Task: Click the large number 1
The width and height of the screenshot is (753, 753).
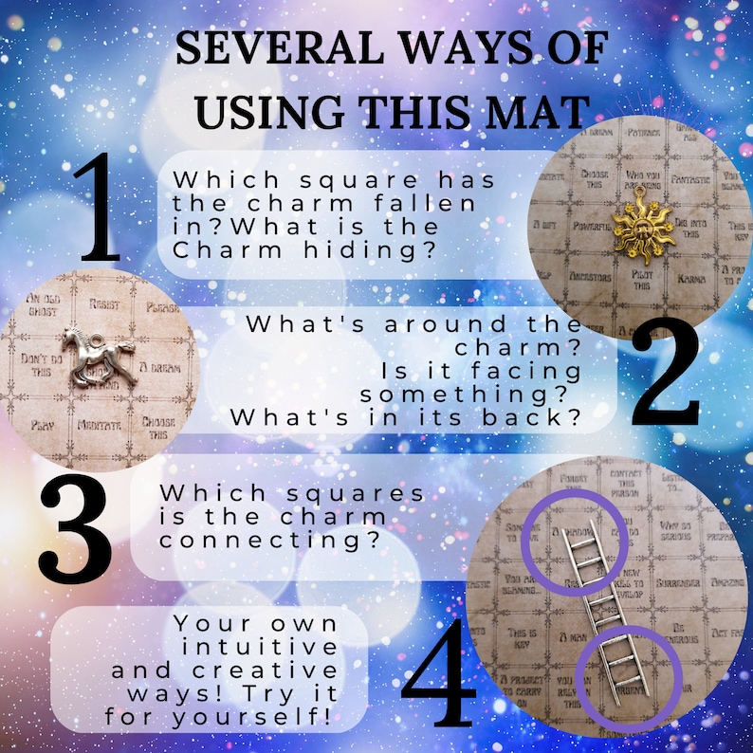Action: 99,208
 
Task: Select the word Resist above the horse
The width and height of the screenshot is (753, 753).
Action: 102,304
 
